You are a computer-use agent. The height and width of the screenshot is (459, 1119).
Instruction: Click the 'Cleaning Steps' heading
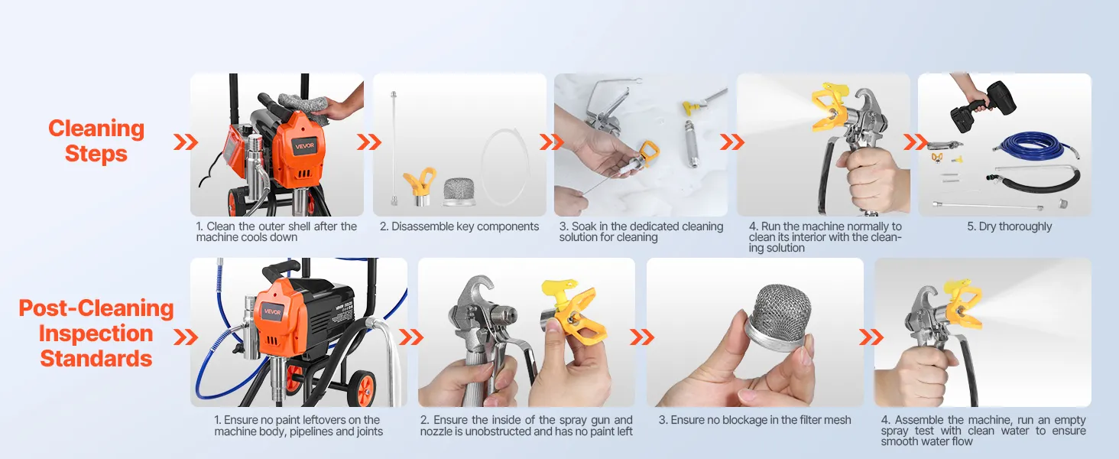96,141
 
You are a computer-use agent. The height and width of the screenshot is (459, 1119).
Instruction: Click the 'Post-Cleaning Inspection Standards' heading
96,334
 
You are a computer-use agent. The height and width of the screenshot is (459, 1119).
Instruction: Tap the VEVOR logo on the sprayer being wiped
304,146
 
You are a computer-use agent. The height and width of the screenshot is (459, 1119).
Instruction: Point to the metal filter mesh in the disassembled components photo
459,191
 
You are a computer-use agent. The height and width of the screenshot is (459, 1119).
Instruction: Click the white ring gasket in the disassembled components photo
505,166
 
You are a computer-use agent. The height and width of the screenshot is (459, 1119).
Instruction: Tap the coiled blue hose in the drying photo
1035,145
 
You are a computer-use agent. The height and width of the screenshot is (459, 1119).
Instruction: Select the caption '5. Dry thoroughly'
1009,226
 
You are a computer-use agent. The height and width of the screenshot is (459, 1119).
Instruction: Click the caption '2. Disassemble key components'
459,226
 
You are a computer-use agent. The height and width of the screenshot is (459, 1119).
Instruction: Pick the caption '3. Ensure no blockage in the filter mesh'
754,420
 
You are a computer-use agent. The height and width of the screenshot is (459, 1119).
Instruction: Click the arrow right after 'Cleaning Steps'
185,142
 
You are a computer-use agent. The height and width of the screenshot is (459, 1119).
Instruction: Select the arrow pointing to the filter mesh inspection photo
641,337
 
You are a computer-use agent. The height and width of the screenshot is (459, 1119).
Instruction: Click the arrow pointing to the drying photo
916,142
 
